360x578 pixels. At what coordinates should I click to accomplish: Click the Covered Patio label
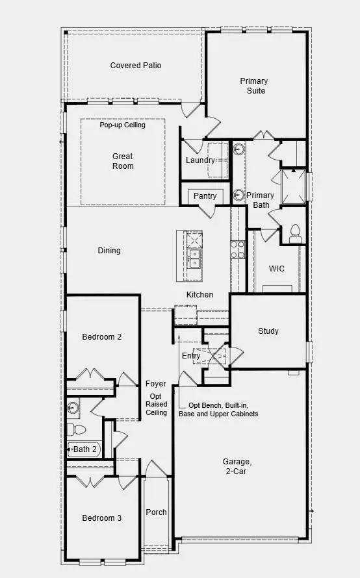pyautogui.click(x=136, y=66)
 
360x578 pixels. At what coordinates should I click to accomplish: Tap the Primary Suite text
pyautogui.click(x=253, y=86)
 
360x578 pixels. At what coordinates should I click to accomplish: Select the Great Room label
pyautogui.click(x=123, y=161)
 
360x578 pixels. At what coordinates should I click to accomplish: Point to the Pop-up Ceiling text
pyautogui.click(x=123, y=125)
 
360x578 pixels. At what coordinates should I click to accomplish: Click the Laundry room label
pyautogui.click(x=200, y=160)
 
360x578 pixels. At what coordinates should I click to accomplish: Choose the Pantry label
pyautogui.click(x=205, y=195)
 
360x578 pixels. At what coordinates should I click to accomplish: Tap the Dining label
pyautogui.click(x=109, y=251)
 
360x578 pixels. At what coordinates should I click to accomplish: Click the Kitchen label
pyautogui.click(x=199, y=295)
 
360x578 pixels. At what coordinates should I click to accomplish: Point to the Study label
pyautogui.click(x=268, y=331)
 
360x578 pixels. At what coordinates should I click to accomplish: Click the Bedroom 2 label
pyautogui.click(x=101, y=337)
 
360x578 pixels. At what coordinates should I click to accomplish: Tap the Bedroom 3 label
pyautogui.click(x=101, y=518)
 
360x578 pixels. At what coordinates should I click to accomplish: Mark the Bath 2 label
pyautogui.click(x=84, y=449)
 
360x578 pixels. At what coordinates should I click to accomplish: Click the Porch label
pyautogui.click(x=156, y=512)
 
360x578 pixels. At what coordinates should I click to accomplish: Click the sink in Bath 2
pyautogui.click(x=73, y=408)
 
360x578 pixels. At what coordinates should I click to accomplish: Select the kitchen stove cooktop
pyautogui.click(x=237, y=250)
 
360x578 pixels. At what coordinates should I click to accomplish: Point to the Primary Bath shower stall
pyautogui.click(x=294, y=185)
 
